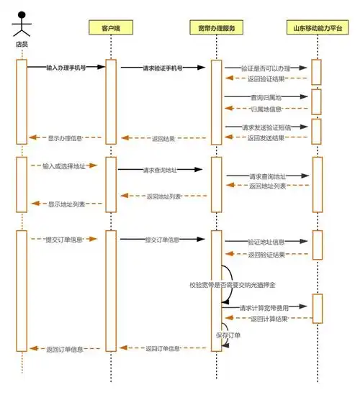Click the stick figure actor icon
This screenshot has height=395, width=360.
[22, 23]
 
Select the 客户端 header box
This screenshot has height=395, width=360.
[110, 28]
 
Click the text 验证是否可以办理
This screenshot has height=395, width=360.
[267, 67]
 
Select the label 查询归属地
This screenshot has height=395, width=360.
[266, 96]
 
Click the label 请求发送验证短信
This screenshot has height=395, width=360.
[266, 127]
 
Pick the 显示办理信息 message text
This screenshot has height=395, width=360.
[66, 137]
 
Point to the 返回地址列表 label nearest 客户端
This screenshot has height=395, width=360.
[163, 196]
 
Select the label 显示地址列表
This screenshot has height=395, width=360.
[66, 204]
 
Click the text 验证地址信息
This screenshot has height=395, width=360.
[266, 242]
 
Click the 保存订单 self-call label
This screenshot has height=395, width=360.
[228, 335]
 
